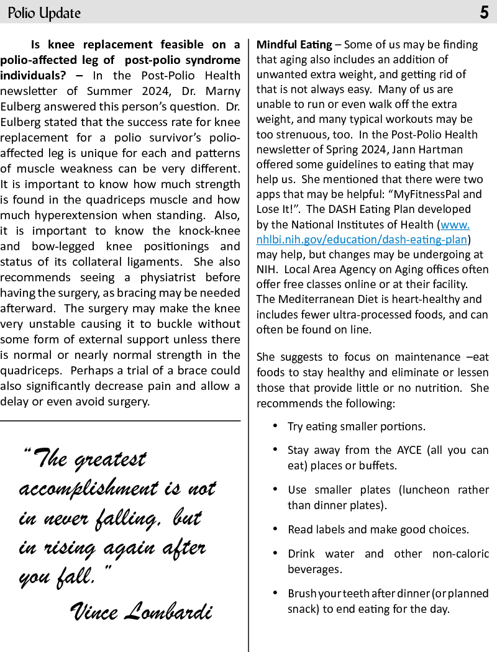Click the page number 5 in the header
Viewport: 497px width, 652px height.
[x=484, y=13]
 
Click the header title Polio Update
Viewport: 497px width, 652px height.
[x=44, y=13]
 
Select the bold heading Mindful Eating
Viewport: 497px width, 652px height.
[x=294, y=45]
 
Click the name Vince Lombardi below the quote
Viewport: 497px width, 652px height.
[x=142, y=611]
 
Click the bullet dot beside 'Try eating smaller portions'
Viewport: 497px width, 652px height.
[x=275, y=426]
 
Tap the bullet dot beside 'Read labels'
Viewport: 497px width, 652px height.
[x=275, y=529]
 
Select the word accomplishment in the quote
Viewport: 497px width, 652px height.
[x=93, y=489]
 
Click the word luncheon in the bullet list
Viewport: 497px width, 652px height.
[x=429, y=490]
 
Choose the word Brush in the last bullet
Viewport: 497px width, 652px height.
[x=301, y=593]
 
